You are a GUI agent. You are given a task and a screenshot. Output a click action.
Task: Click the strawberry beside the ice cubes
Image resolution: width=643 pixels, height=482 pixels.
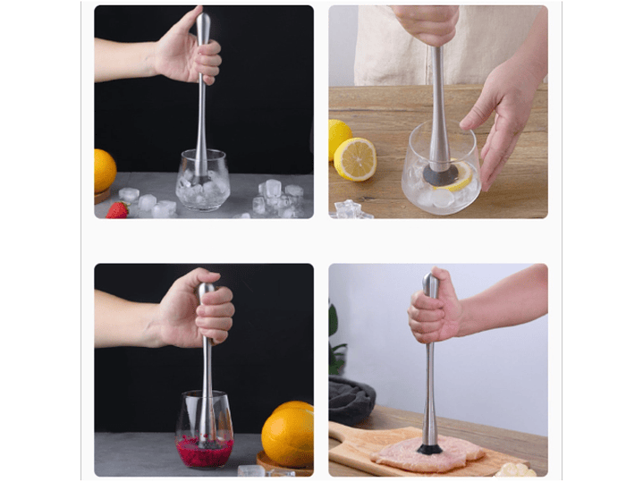(x=117, y=209)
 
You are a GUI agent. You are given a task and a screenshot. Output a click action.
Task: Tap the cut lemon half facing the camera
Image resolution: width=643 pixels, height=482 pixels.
(x=355, y=158)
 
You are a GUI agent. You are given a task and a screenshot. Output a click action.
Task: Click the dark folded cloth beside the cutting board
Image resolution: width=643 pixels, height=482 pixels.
(x=351, y=402)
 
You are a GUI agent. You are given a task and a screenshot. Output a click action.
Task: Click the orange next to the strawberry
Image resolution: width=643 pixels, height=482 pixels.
(x=104, y=170)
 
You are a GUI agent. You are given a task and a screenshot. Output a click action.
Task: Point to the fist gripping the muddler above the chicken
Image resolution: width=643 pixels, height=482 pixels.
(x=436, y=309)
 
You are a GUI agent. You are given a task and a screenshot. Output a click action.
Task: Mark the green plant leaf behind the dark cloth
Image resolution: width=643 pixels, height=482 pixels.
(x=334, y=322)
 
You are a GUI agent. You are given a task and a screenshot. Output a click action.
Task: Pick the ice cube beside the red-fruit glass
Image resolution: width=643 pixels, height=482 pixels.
(x=251, y=470)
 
